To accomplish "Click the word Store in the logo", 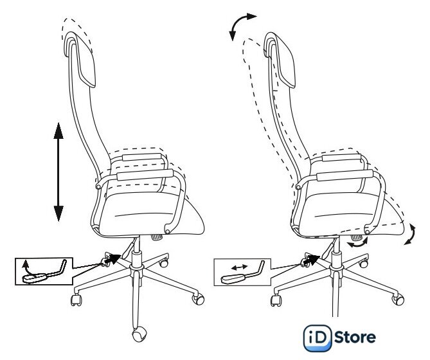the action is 355,337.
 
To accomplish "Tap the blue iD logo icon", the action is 318,338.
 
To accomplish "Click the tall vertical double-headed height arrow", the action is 58,172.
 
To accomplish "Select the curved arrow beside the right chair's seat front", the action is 411,234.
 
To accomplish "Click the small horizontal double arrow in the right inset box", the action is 239,267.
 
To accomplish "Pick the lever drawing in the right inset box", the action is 242,274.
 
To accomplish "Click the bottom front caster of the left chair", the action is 139,334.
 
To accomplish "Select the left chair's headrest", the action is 80,59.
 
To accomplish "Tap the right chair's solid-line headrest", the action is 280,60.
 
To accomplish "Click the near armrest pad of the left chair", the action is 145,175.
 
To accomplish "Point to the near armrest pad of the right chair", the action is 345,175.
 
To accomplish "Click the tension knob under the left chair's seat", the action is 157,237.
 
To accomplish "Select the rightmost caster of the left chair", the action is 198,298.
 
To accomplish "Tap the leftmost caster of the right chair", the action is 276,300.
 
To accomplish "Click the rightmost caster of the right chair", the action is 399,299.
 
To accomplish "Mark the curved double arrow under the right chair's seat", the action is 357,243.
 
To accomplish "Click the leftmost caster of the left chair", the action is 76,300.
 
